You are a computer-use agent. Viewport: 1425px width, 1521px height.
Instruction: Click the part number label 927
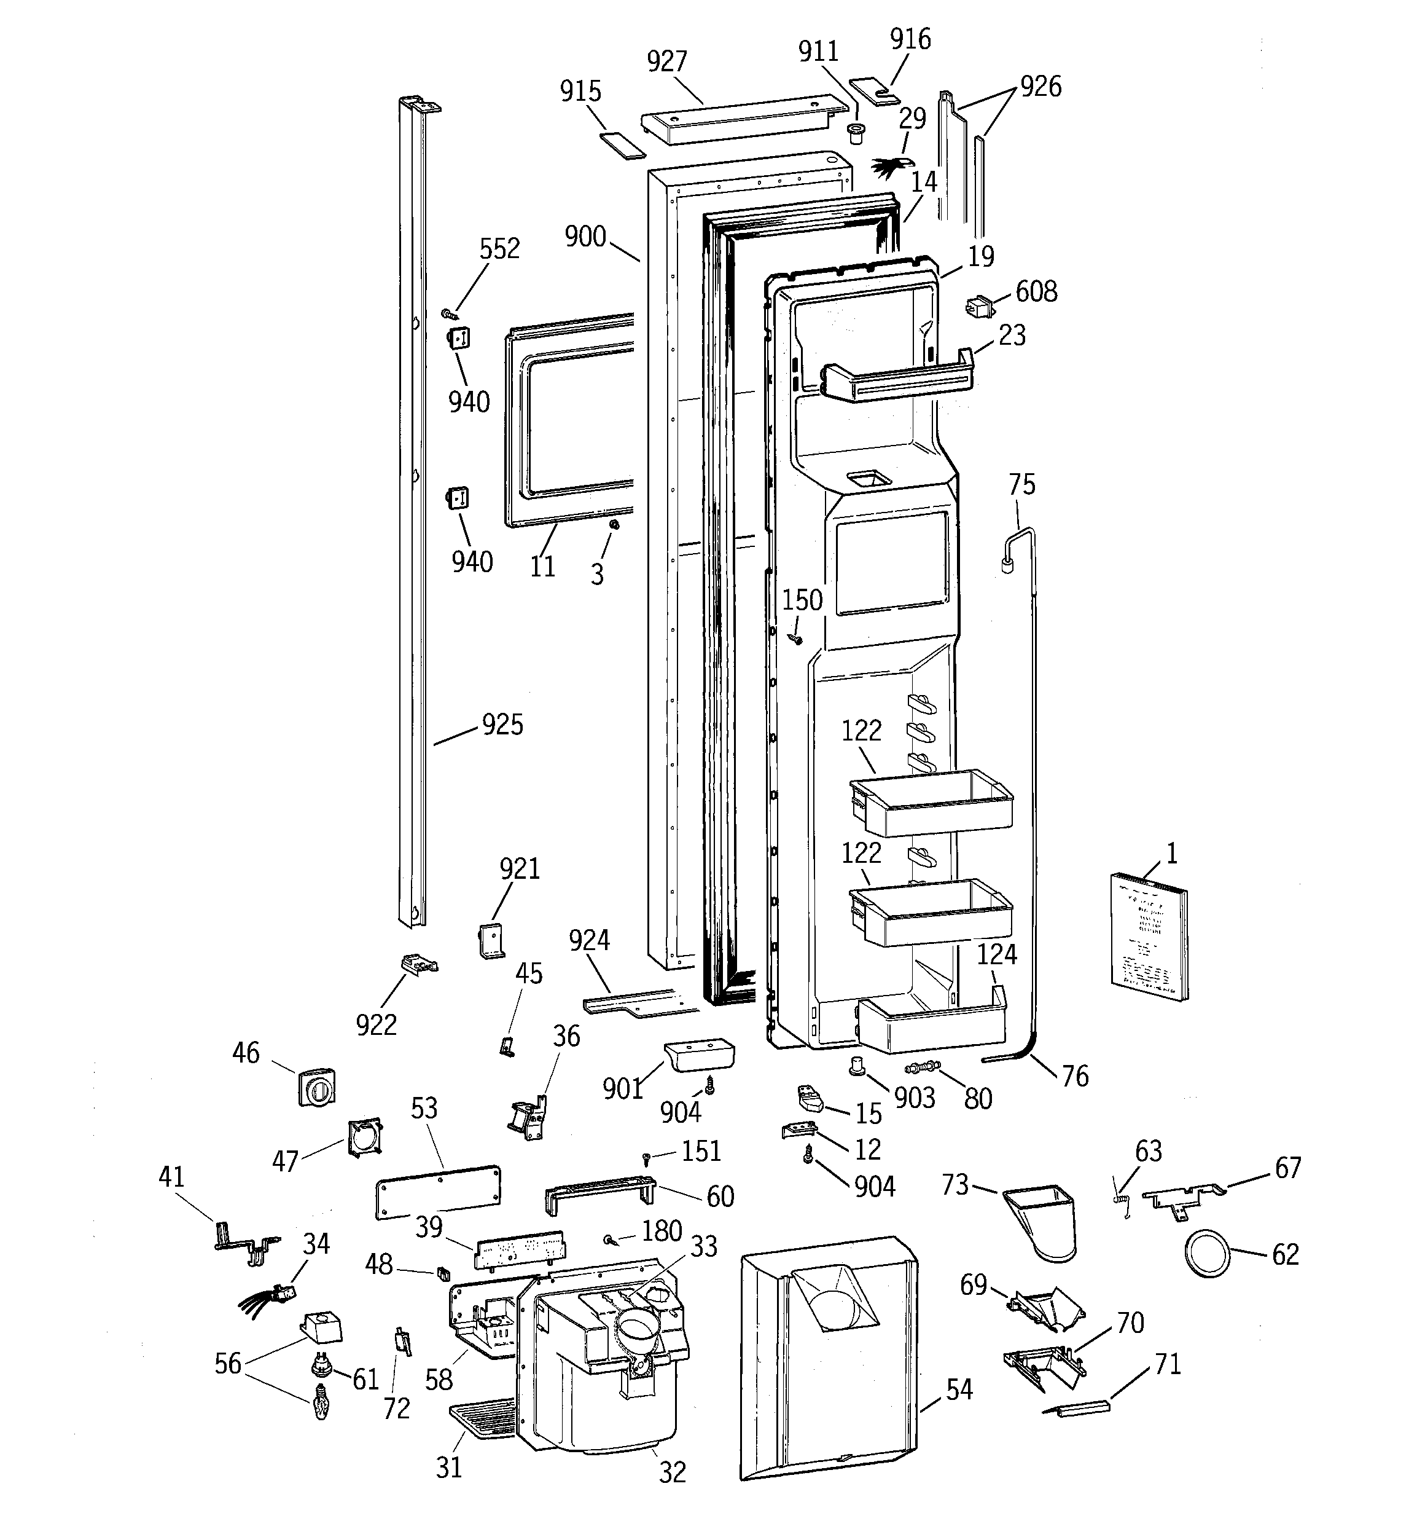tap(666, 62)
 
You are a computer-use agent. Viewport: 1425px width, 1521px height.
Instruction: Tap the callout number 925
tap(502, 725)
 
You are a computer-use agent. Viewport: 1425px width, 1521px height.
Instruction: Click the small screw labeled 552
tap(450, 313)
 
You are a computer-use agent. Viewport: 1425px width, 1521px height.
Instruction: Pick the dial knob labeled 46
tap(316, 1087)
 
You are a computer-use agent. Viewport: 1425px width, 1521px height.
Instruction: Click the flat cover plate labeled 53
tap(439, 1191)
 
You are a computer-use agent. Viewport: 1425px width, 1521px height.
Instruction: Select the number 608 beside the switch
tap(1036, 291)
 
